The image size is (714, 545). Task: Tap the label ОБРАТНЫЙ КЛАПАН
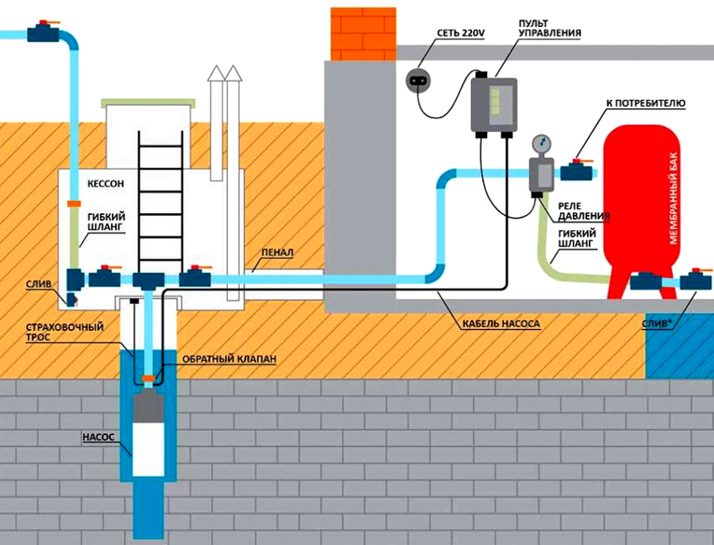click(228, 359)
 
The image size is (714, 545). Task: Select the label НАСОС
click(98, 438)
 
